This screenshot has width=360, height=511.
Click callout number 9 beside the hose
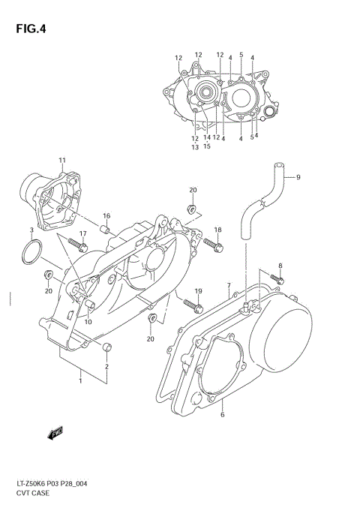point(298,177)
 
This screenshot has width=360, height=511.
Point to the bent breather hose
point(259,203)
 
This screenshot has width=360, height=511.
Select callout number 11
point(62,161)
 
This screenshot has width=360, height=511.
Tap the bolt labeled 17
point(76,243)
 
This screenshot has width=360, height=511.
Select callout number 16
point(106,216)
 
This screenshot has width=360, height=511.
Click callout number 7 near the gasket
point(228,286)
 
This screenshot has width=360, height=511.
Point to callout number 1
point(79,381)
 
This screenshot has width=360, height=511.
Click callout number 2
point(106,366)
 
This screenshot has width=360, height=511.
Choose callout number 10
point(88,321)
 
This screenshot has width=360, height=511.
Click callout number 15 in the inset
point(207,146)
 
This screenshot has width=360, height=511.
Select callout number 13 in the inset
point(194,147)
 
